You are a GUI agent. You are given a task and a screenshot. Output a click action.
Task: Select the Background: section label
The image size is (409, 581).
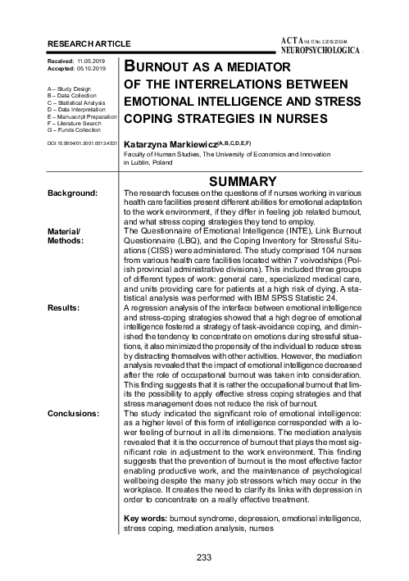coord(75,193)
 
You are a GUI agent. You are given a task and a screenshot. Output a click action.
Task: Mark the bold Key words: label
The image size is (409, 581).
coord(145,520)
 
